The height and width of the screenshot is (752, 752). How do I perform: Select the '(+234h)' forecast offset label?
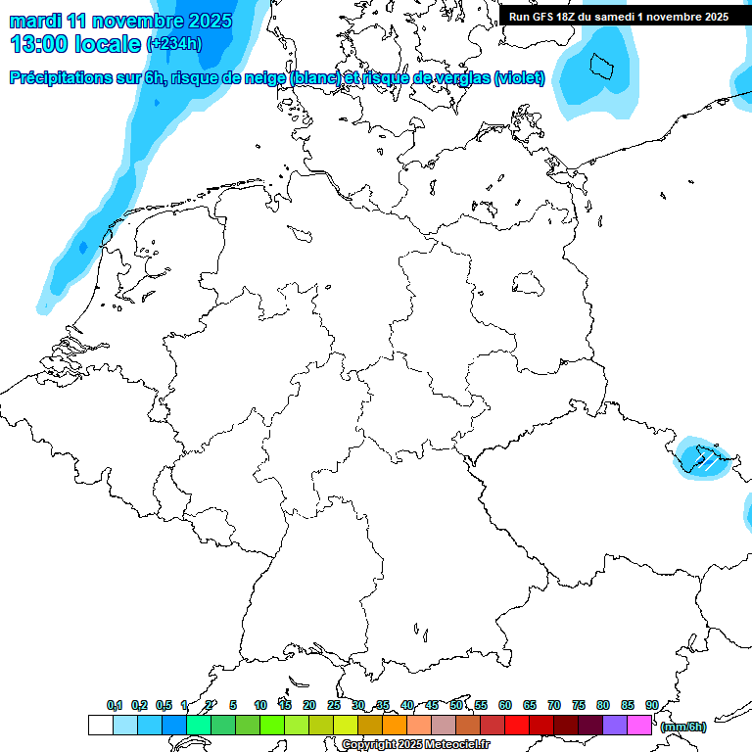click(174, 44)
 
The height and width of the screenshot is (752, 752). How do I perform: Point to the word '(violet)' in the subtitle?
click(519, 78)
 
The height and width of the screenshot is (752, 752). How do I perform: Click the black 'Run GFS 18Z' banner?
click(619, 17)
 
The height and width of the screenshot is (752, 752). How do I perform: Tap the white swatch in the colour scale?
click(100, 726)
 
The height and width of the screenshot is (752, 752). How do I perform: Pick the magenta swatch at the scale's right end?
click(639, 726)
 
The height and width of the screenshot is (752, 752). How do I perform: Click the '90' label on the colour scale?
click(651, 705)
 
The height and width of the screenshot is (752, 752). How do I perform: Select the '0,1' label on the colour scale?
click(115, 705)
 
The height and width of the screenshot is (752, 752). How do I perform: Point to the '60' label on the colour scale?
click(504, 705)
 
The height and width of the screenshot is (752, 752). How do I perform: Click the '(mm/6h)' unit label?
click(683, 727)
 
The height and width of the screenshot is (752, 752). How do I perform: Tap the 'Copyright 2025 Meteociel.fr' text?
click(415, 745)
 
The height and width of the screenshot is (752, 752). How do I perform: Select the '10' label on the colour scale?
click(260, 705)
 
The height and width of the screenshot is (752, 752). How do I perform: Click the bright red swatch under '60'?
click(517, 726)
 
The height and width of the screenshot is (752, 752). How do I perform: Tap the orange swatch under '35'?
click(395, 726)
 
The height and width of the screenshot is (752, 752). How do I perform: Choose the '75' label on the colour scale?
click(578, 705)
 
